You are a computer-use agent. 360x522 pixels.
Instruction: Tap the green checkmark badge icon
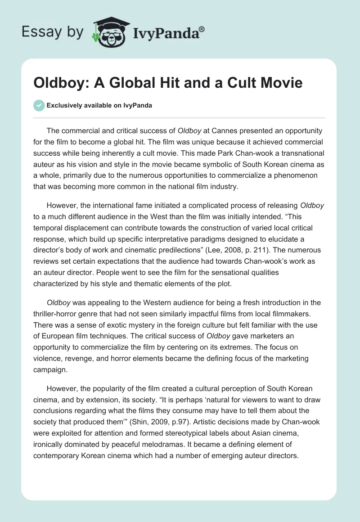tap(39, 105)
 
